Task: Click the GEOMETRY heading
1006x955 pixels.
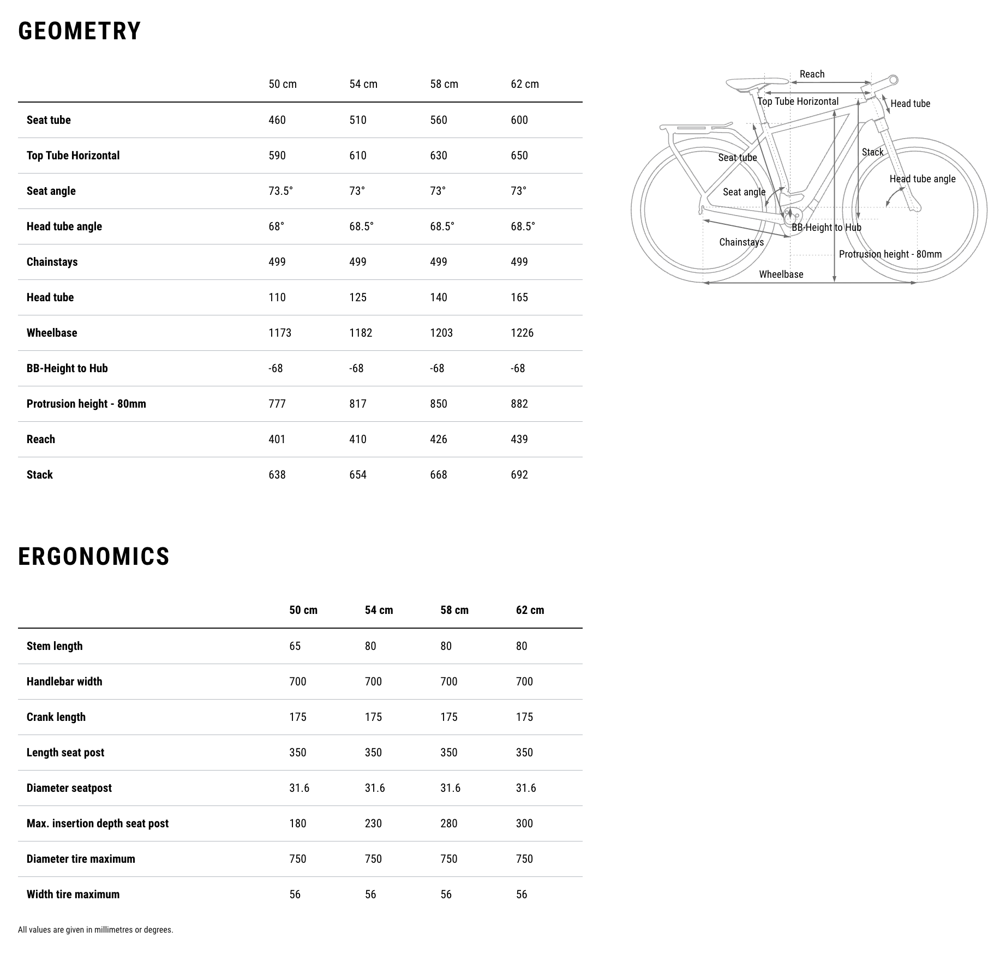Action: pyautogui.click(x=80, y=31)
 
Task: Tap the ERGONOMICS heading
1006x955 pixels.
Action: pyautogui.click(x=94, y=557)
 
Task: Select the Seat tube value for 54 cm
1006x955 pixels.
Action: pyautogui.click(x=358, y=120)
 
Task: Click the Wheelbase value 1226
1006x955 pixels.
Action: pyautogui.click(x=522, y=333)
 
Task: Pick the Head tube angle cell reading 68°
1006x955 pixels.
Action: pyautogui.click(x=276, y=226)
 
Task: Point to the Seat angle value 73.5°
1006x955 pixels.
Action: pyautogui.click(x=280, y=191)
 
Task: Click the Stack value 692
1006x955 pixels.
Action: pyautogui.click(x=519, y=475)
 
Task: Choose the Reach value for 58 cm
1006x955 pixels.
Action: pyautogui.click(x=439, y=439)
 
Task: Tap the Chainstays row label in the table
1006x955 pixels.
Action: pyautogui.click(x=52, y=262)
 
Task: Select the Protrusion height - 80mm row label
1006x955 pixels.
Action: pyautogui.click(x=86, y=404)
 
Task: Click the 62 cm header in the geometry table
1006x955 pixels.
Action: pyautogui.click(x=525, y=84)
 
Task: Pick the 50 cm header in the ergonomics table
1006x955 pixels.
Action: pyautogui.click(x=303, y=610)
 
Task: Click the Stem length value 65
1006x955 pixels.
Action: pyautogui.click(x=295, y=646)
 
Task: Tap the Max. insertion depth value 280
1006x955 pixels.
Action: pyautogui.click(x=449, y=823)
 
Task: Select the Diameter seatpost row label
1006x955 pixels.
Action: pyautogui.click(x=69, y=788)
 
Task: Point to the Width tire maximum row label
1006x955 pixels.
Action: pyautogui.click(x=73, y=894)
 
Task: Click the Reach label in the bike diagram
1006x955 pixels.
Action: pyautogui.click(x=812, y=74)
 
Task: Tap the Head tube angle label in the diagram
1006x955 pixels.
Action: pyautogui.click(x=923, y=179)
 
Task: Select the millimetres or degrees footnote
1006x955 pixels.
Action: pyautogui.click(x=95, y=930)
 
